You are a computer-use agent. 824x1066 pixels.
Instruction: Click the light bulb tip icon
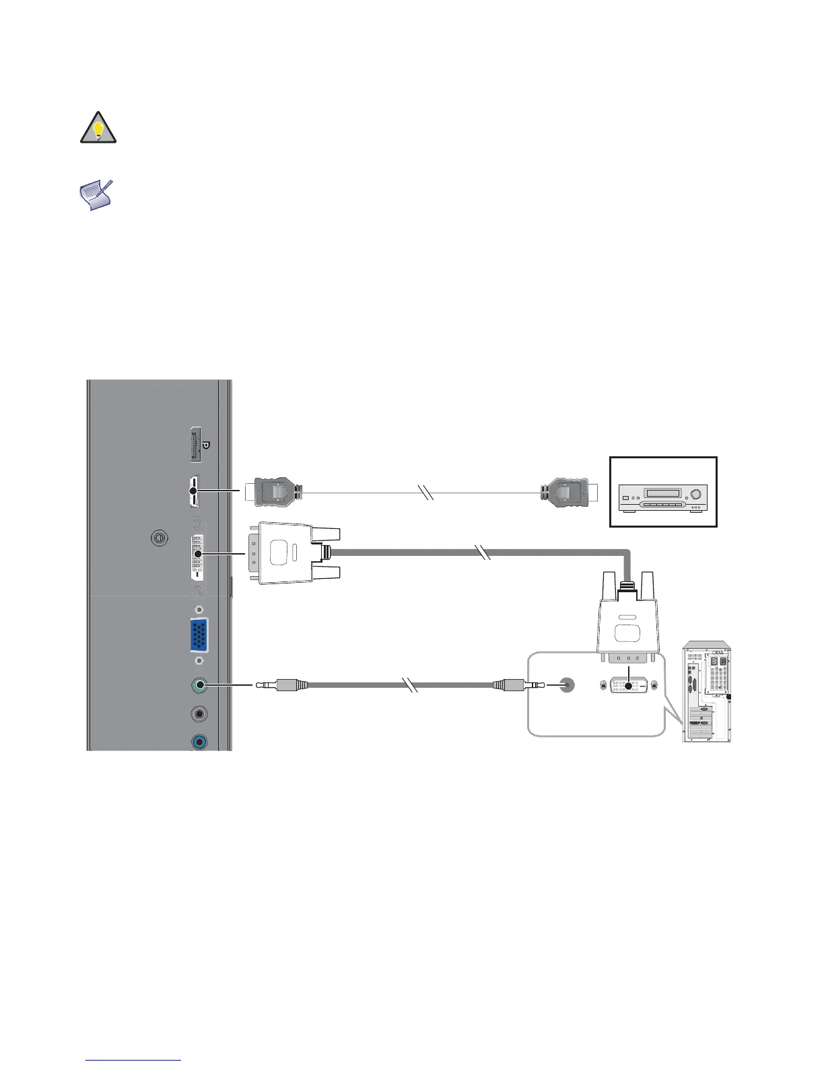pyautogui.click(x=98, y=127)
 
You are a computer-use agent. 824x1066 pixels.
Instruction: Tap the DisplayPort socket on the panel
pyautogui.click(x=196, y=444)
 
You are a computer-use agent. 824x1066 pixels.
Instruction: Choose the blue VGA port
pyautogui.click(x=199, y=635)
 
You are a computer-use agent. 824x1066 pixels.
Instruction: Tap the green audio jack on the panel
pyautogui.click(x=199, y=686)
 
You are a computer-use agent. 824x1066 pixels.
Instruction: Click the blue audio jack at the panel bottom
pyautogui.click(x=199, y=742)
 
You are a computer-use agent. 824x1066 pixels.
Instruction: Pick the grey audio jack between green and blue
pyautogui.click(x=199, y=714)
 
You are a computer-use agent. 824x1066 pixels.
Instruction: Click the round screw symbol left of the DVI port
pyautogui.click(x=159, y=538)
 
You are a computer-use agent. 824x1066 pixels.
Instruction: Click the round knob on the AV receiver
pyautogui.click(x=696, y=494)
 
